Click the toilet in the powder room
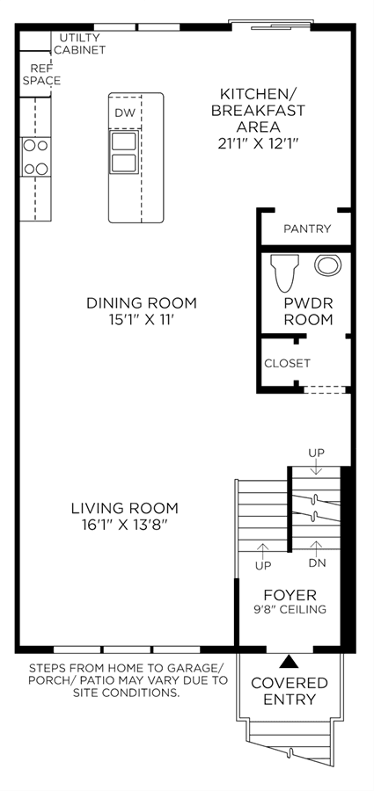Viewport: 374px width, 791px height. point(282,272)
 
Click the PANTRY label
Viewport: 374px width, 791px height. point(307,229)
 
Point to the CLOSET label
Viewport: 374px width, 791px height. point(287,363)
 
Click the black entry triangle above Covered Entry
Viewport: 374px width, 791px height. point(289,661)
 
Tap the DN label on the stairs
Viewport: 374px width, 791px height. point(317,563)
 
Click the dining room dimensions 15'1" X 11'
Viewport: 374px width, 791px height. point(142,320)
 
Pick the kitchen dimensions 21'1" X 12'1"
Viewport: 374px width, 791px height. point(259,143)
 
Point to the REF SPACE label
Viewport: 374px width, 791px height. point(42,74)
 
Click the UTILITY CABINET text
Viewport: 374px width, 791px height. point(80,44)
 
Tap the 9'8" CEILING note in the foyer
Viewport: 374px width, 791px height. point(290,609)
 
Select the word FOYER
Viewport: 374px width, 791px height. point(290,595)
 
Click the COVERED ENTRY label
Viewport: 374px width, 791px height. point(290,691)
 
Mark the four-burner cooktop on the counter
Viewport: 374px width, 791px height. point(36,157)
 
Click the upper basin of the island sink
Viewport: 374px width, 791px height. point(124,142)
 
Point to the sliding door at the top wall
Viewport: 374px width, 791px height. point(270,23)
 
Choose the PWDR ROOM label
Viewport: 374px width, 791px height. point(308,312)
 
